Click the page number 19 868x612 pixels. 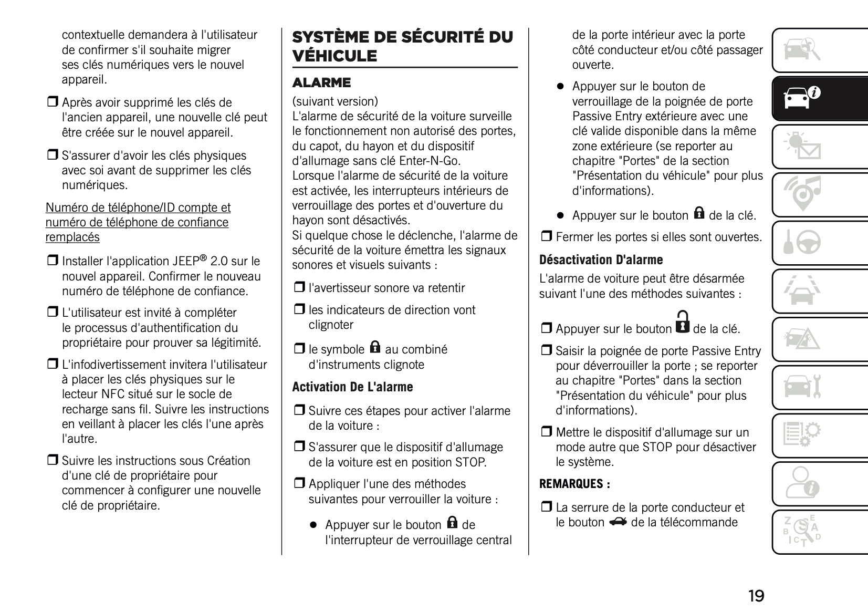(756, 596)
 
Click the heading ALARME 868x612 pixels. (321, 82)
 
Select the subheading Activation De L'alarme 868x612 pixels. (352, 387)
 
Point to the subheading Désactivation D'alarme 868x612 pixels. (601, 260)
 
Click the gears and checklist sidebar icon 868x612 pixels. (801, 435)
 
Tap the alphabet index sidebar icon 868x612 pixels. (801, 531)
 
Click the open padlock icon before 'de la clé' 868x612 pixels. (682, 322)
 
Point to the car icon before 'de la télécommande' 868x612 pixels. (618, 522)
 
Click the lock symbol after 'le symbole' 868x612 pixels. (374, 347)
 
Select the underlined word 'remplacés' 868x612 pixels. (72, 237)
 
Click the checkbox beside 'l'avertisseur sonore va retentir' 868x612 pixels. (299, 287)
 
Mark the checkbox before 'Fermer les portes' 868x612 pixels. (547, 237)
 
